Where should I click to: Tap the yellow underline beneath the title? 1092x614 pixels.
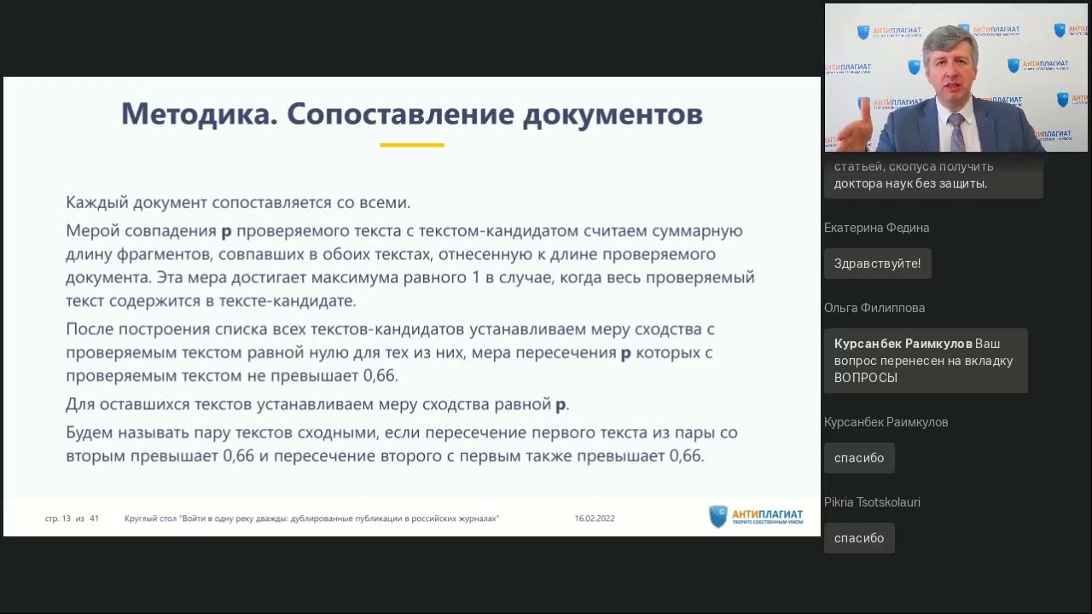pyautogui.click(x=412, y=145)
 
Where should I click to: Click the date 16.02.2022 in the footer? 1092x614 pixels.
pyautogui.click(x=595, y=518)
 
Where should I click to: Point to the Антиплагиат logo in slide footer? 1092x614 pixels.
pyautogui.click(x=756, y=517)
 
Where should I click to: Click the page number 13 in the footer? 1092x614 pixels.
pyautogui.click(x=66, y=518)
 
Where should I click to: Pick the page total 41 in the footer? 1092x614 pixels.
pyautogui.click(x=94, y=518)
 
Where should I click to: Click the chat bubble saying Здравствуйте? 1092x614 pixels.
pyautogui.click(x=877, y=264)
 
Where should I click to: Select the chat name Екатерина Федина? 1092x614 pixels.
pyautogui.click(x=876, y=228)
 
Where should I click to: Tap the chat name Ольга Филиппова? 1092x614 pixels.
pyautogui.click(x=874, y=308)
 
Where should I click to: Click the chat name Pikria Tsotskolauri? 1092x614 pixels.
pyautogui.click(x=872, y=502)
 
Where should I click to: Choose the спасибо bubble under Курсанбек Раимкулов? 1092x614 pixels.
pyautogui.click(x=859, y=458)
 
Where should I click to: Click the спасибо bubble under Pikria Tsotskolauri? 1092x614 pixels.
pyautogui.click(x=859, y=538)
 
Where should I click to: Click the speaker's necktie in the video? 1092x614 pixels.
pyautogui.click(x=956, y=132)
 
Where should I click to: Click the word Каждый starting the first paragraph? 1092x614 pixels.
pyautogui.click(x=95, y=203)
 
